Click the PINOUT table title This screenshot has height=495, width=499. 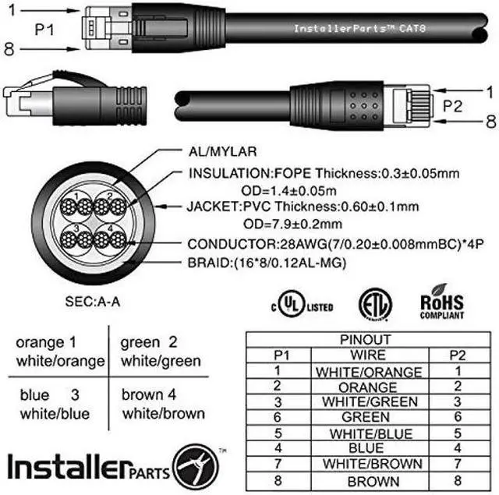point(366,340)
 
